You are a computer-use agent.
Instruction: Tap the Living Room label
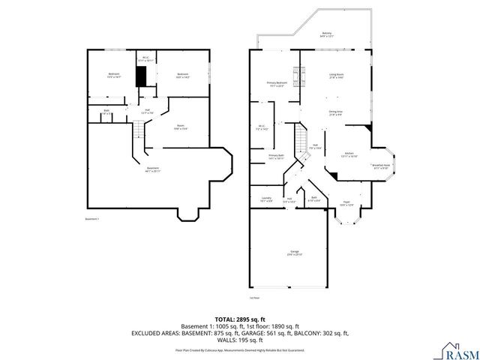(335, 76)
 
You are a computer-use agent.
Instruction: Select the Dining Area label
(335, 113)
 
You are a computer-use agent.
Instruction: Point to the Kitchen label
(349, 154)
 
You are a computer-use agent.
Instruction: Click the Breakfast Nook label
(380, 166)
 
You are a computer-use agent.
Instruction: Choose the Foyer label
(347, 203)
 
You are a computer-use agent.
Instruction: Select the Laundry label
(266, 199)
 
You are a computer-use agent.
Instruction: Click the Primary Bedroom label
(277, 84)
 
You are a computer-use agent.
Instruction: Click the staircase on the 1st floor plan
(301, 138)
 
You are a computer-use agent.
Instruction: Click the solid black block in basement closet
(140, 76)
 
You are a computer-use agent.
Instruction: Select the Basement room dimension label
(153, 169)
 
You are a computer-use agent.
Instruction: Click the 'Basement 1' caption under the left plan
(94, 219)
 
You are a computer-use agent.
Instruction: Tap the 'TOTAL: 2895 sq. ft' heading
(239, 319)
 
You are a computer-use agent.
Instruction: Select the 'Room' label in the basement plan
(180, 127)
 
